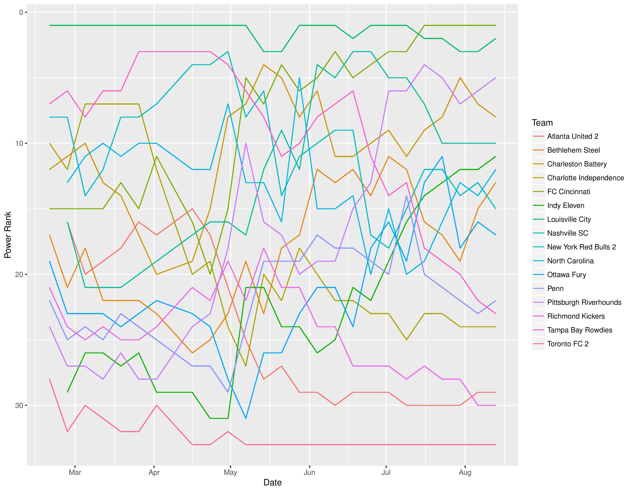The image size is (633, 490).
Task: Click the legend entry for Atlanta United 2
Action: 572,136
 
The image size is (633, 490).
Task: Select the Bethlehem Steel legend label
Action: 573,150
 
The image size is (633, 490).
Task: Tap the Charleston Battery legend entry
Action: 577,164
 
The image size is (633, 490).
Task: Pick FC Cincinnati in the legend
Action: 568,192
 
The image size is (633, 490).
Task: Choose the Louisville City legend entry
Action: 569,219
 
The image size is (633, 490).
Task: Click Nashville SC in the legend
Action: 568,233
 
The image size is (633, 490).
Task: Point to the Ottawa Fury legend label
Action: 566,275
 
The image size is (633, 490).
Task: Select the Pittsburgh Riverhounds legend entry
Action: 584,302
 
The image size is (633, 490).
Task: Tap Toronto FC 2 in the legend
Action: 568,344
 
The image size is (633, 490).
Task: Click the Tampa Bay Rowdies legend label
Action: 579,330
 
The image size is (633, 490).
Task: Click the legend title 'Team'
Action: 542,123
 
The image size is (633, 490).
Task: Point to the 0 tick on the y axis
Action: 21,12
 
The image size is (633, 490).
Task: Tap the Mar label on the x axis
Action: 75,472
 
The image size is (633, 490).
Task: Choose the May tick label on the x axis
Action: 230,472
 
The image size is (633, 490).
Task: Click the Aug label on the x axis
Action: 465,472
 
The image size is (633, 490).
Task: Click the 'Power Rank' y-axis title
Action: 8,235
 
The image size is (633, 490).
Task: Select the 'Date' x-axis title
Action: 272,483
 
